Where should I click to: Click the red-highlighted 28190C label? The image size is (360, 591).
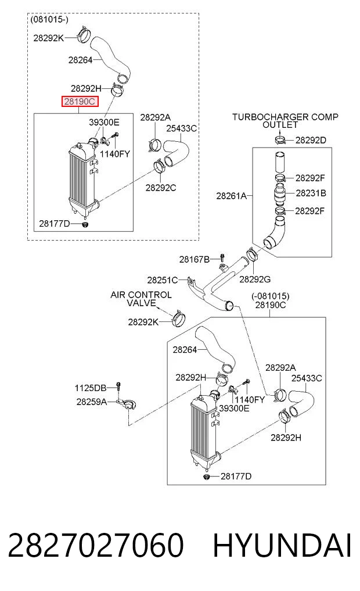point(80,101)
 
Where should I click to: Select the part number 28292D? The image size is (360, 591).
point(311,140)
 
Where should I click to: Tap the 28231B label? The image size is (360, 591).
point(311,193)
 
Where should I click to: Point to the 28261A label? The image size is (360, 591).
point(231,196)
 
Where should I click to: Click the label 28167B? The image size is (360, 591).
point(195,259)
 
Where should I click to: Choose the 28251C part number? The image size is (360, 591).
point(163,280)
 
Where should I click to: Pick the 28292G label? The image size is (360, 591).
point(255,280)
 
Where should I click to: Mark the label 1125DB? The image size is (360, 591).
point(91,388)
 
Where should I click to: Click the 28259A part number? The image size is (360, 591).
point(92,402)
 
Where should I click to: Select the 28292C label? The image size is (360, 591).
point(161,187)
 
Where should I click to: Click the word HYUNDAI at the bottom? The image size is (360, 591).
point(282,545)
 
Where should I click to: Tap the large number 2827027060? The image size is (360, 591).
point(96,545)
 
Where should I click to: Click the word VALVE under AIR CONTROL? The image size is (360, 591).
point(141,303)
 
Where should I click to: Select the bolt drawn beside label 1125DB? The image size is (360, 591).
point(118,388)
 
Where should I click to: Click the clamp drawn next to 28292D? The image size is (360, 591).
point(280,140)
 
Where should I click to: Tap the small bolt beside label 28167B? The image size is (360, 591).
point(222,258)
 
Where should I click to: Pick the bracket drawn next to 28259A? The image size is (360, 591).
point(127,404)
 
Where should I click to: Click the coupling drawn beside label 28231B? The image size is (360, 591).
point(279,194)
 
